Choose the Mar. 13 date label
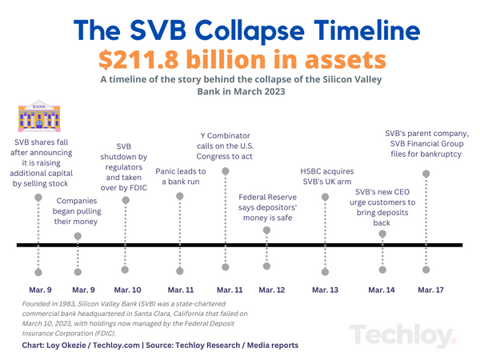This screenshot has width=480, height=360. click(325, 289)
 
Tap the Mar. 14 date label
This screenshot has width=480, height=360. click(382, 289)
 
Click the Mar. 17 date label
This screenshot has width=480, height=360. click(430, 289)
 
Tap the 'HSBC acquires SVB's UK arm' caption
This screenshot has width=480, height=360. click(326, 176)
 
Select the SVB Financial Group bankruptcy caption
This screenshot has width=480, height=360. click(426, 144)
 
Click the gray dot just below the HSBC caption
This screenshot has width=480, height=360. click(325, 196)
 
